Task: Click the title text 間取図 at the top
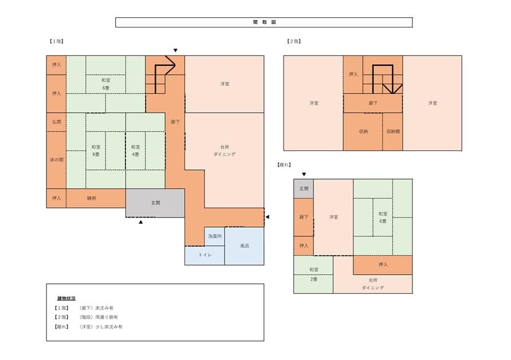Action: (264, 22)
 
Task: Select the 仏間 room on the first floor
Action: (56, 122)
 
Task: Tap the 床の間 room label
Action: (56, 160)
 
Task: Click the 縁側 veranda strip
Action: (96, 198)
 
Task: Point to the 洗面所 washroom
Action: (215, 236)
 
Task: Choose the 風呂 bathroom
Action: (245, 246)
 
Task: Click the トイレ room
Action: (205, 255)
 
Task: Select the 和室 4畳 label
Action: (136, 151)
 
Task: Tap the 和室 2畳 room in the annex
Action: (313, 274)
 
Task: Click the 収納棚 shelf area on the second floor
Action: (392, 132)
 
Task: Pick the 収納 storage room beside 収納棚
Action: (363, 132)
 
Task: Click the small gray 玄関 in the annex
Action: (304, 188)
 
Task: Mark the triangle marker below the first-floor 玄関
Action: (141, 222)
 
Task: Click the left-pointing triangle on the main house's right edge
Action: (267, 217)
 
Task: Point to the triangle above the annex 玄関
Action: (304, 175)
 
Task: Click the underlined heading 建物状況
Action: (66, 299)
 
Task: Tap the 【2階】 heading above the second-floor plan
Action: (294, 41)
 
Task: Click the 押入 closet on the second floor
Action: (353, 74)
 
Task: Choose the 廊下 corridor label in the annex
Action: (304, 217)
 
